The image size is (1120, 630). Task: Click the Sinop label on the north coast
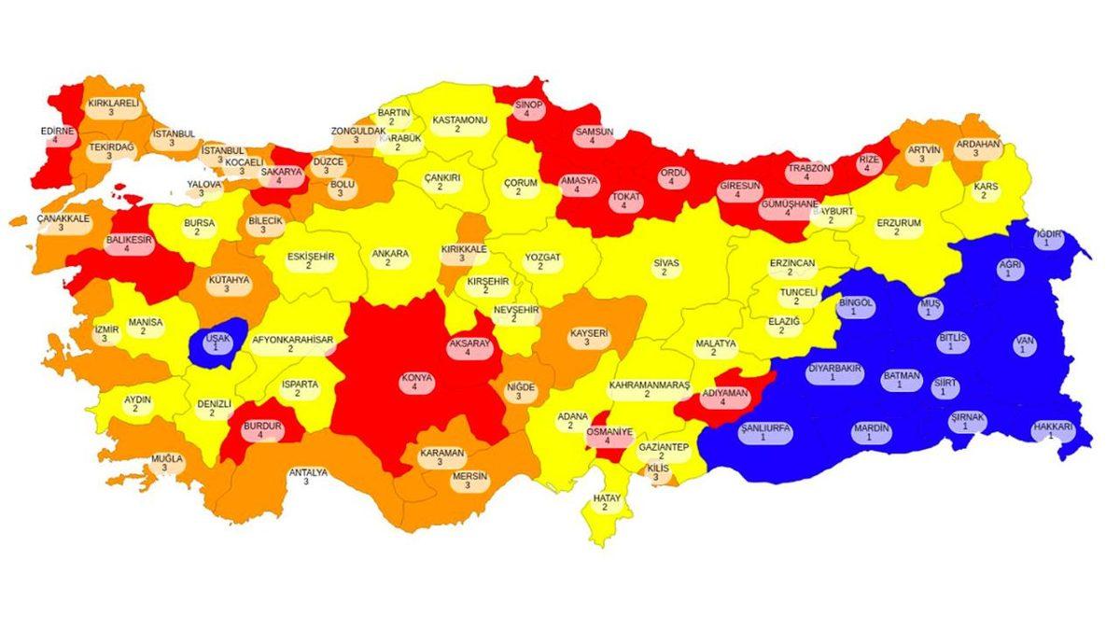pyautogui.click(x=529, y=109)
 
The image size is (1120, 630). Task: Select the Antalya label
pyautogui.click(x=307, y=477)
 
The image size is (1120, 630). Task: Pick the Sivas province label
pyautogui.click(x=665, y=268)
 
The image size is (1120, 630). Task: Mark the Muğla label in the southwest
pyautogui.click(x=167, y=464)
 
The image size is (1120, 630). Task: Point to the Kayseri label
pyautogui.click(x=588, y=337)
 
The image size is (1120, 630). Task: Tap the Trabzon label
pyautogui.click(x=807, y=174)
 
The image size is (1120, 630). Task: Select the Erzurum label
pyautogui.click(x=898, y=228)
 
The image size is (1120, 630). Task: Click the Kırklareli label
pyautogui.click(x=112, y=107)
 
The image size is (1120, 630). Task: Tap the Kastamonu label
pyautogui.click(x=459, y=125)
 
